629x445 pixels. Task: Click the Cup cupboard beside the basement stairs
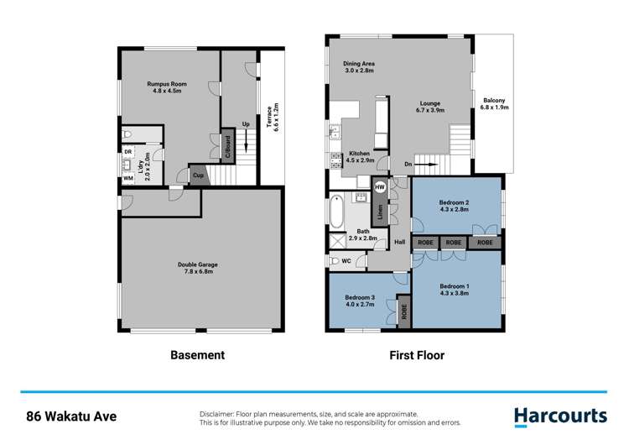click(199, 175)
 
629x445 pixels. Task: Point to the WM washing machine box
click(128, 177)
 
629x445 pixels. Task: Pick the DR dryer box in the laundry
click(128, 152)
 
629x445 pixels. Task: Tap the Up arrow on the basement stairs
click(247, 143)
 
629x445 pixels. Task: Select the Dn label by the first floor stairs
click(408, 165)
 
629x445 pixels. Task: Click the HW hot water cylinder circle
click(380, 186)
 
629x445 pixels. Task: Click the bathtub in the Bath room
click(335, 211)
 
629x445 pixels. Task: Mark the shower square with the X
click(337, 240)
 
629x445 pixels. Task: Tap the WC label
click(346, 261)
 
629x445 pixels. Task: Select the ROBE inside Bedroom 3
click(403, 311)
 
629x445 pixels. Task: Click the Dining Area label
click(358, 68)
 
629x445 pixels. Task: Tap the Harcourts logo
click(559, 416)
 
